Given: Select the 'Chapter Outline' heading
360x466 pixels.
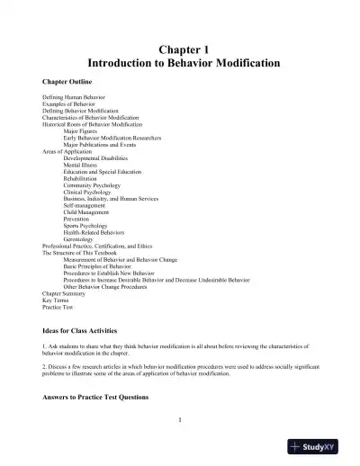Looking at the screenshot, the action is coord(70,80).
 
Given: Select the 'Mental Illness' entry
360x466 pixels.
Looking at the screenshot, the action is coord(83,166).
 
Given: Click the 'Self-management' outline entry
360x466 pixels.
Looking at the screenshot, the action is coord(86,207).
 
